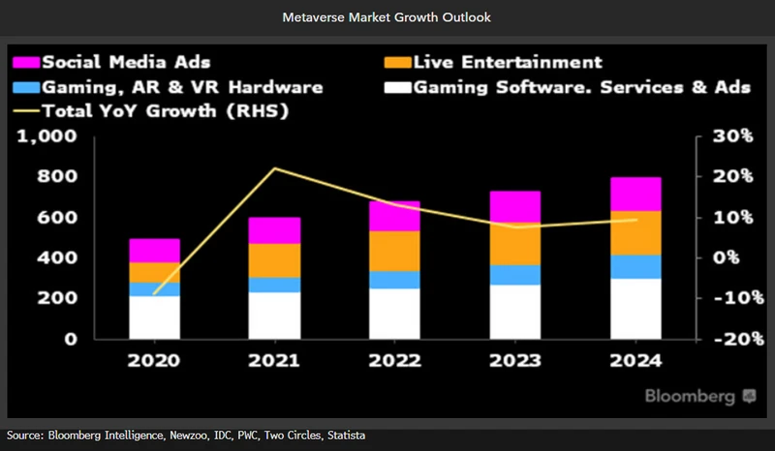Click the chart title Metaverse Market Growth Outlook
pos(387,17)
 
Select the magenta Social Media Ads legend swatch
pos(26,63)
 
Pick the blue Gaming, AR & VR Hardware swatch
pos(26,88)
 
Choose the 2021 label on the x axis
pos(274,361)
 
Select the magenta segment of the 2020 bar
pos(155,250)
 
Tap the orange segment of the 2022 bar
pos(394,251)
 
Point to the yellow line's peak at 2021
pos(274,168)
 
